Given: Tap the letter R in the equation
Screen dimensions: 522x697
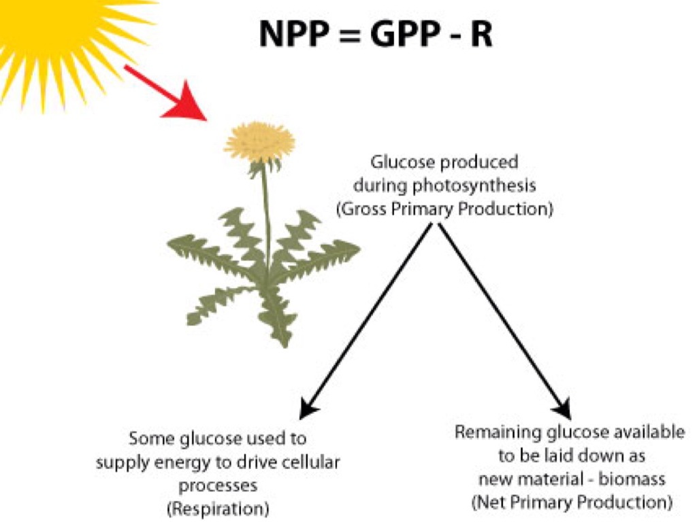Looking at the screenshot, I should [481, 33].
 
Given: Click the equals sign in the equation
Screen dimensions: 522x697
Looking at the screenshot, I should [347, 34].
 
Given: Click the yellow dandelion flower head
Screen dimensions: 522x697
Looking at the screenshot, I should [259, 142].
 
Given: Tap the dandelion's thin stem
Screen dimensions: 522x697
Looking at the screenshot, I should [265, 211].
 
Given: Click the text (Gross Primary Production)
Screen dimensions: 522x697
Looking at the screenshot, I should [444, 209].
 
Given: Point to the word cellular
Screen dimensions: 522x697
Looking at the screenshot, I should [312, 463].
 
